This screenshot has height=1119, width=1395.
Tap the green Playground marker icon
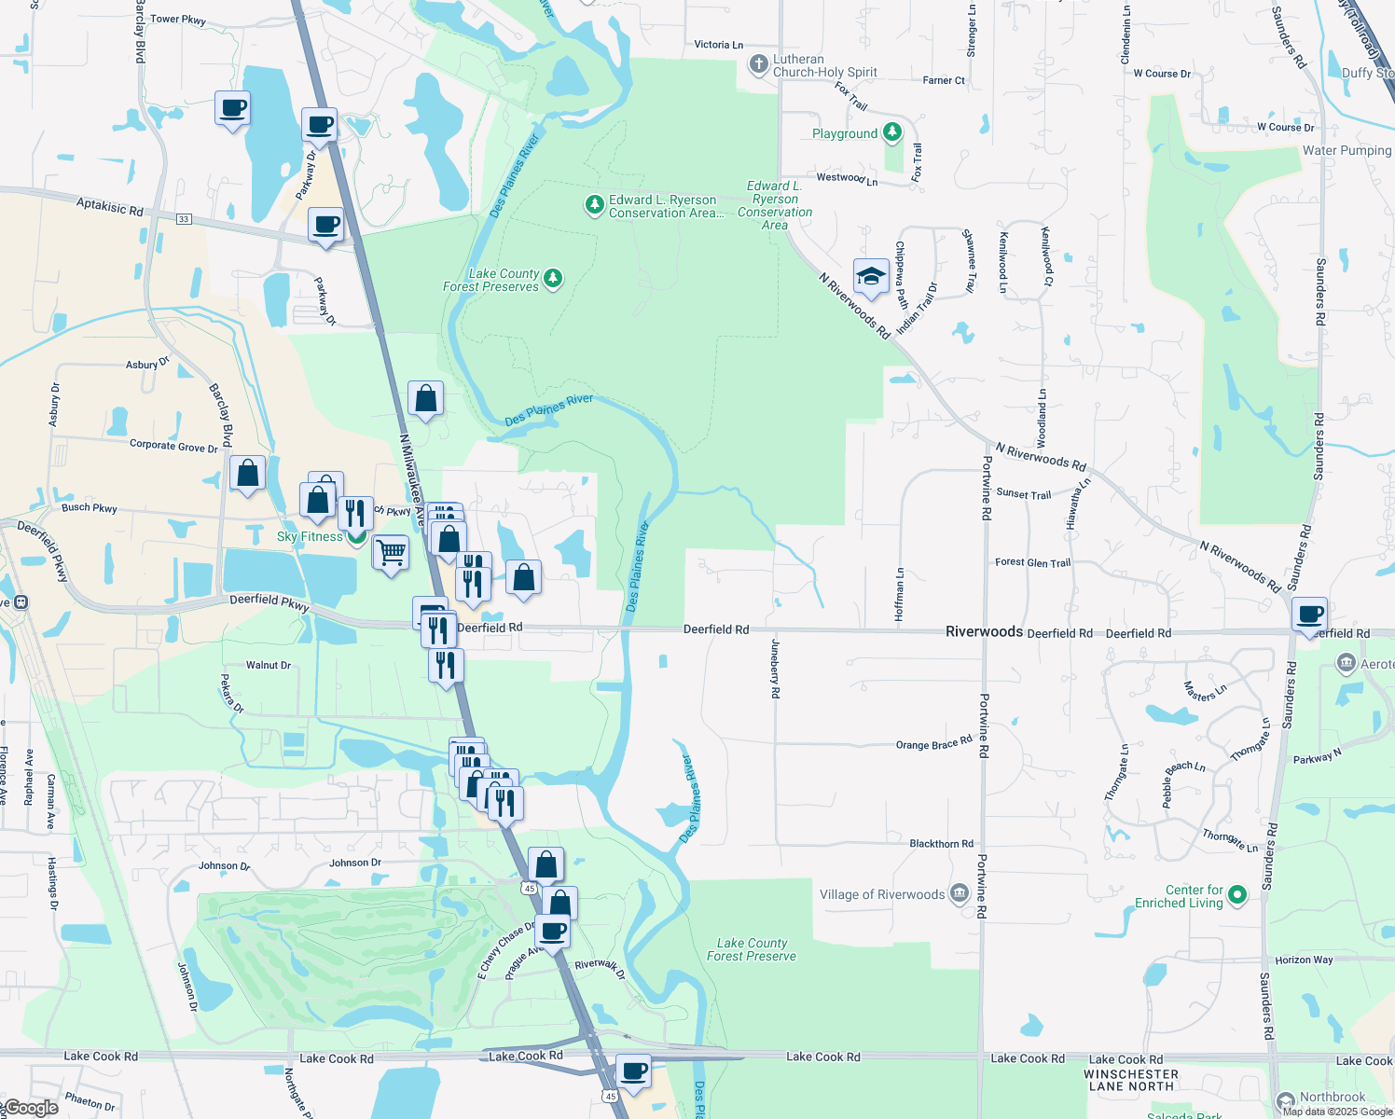point(892,132)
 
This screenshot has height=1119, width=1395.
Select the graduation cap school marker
point(870,277)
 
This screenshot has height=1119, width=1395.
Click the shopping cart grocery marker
point(391,553)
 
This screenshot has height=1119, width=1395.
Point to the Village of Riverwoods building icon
point(960,894)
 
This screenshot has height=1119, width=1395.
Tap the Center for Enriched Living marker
point(1237,895)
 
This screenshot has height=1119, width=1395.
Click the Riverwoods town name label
point(984,631)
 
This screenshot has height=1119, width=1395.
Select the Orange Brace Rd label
point(933,744)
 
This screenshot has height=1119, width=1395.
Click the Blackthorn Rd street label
point(941,843)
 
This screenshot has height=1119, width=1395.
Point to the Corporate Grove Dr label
point(173,446)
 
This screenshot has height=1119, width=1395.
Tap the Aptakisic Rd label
point(110,206)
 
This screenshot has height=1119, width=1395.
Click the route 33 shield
point(184,219)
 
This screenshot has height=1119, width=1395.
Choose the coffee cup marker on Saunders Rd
point(1310,615)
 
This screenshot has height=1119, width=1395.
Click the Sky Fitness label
point(310,536)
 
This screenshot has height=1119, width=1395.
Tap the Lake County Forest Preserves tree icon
point(553,278)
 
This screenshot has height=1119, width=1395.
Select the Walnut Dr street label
point(269,665)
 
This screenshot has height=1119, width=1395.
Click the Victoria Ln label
point(718,45)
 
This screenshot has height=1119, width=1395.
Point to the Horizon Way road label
point(1304,960)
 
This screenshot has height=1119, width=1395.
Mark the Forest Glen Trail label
point(1032,562)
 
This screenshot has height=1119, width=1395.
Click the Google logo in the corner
point(30,1108)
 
